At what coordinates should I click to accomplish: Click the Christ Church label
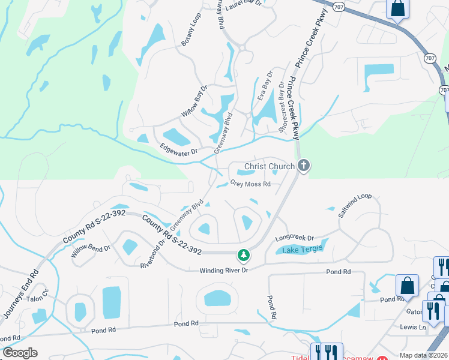pos(269,166)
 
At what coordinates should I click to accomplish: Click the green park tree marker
pos(243,255)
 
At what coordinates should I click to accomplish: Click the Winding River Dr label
pos(224,271)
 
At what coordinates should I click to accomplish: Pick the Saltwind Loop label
pos(355,205)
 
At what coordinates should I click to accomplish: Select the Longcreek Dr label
pos(295,238)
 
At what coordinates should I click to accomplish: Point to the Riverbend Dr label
pos(152,254)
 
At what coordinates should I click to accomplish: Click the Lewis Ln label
pos(414,328)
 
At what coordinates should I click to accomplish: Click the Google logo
pos(19,352)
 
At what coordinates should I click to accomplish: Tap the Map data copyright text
pos(424,355)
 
